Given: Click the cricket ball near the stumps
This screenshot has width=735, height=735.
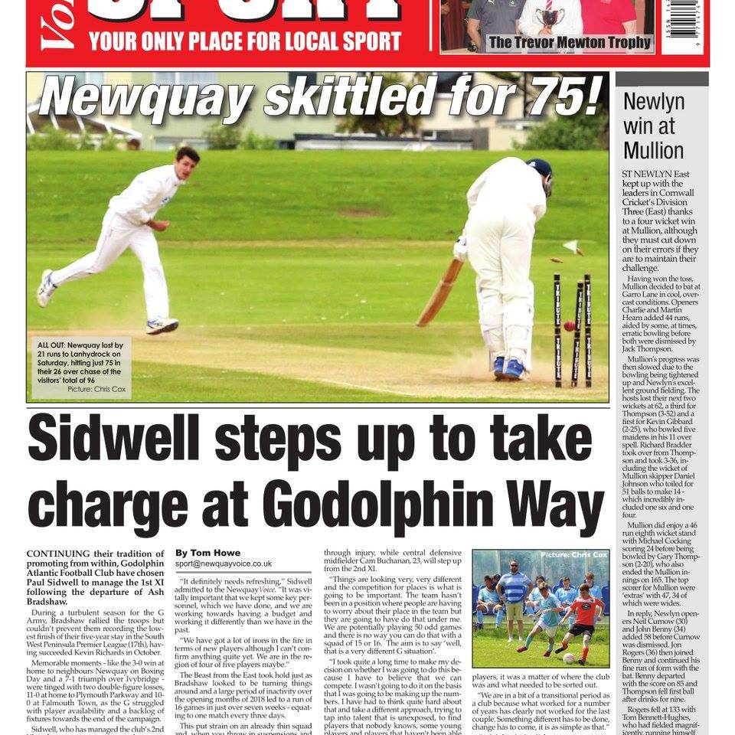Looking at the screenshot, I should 569,326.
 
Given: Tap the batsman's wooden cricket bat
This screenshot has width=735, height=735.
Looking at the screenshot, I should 441,292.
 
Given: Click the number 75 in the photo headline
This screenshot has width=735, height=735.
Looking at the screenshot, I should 562,98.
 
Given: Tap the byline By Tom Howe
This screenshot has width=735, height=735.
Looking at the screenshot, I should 207,553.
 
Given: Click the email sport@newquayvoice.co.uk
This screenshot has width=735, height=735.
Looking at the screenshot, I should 224,563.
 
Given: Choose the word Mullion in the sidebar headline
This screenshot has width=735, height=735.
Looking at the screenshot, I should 654,149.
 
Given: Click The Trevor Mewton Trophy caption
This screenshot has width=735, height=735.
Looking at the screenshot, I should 569,43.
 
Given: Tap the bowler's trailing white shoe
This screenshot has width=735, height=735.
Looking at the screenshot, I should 47,288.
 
